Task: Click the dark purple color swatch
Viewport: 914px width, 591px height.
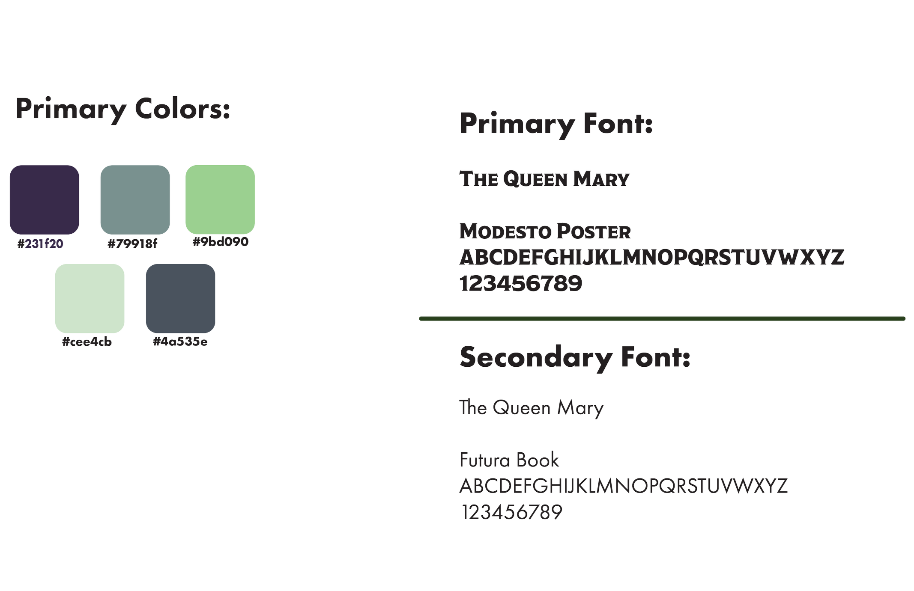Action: (x=44, y=199)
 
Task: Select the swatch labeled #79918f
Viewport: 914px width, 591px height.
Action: (x=135, y=199)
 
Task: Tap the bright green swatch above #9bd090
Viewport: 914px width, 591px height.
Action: (x=220, y=199)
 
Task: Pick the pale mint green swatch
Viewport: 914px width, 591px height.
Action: (x=90, y=298)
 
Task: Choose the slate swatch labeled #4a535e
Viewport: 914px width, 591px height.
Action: (x=180, y=298)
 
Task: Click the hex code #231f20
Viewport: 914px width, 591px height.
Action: (x=41, y=244)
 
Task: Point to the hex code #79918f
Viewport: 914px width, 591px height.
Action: (x=132, y=244)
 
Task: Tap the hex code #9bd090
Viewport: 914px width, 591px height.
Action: (x=220, y=242)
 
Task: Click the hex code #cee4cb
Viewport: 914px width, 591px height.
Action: (x=87, y=342)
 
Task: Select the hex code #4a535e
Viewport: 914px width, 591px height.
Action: (x=180, y=342)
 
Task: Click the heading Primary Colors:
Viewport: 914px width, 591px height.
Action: (x=123, y=109)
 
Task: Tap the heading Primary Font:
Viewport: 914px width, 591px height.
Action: (x=556, y=124)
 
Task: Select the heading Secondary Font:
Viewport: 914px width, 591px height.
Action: (x=575, y=357)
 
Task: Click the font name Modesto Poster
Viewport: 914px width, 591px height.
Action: (x=545, y=232)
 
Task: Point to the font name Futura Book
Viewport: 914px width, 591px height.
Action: (x=509, y=460)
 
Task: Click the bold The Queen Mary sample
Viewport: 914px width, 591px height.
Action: (x=544, y=178)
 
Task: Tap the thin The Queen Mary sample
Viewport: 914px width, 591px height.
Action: (x=531, y=408)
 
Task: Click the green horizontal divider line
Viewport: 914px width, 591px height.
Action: (x=662, y=318)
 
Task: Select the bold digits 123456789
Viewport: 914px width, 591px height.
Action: (x=521, y=284)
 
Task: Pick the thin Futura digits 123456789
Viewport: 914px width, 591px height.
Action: (x=511, y=512)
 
